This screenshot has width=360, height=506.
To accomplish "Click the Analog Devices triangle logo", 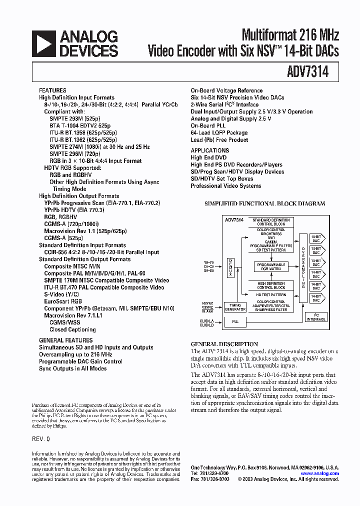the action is pos(43,43).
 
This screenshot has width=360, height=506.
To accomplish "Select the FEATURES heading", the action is pos(52,90).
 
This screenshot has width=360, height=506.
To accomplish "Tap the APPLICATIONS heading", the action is pos(210,150).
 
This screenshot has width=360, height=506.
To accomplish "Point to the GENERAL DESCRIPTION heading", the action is pos(224,344).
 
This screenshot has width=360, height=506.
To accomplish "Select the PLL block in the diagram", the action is pos(235,322).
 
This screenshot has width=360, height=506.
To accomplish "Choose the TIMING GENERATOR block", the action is pos(235,307).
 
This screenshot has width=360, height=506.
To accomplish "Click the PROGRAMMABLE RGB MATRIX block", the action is pos(270,266).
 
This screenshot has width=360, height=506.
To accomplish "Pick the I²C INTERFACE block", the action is pos(316,317).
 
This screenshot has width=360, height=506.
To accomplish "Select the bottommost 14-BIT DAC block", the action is pos(316,297).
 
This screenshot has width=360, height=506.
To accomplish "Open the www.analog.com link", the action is pos(320,473).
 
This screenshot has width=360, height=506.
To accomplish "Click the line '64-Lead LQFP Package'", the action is pos(219,133).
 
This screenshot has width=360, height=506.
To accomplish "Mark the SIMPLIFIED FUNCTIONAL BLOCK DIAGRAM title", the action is pos(265,203).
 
